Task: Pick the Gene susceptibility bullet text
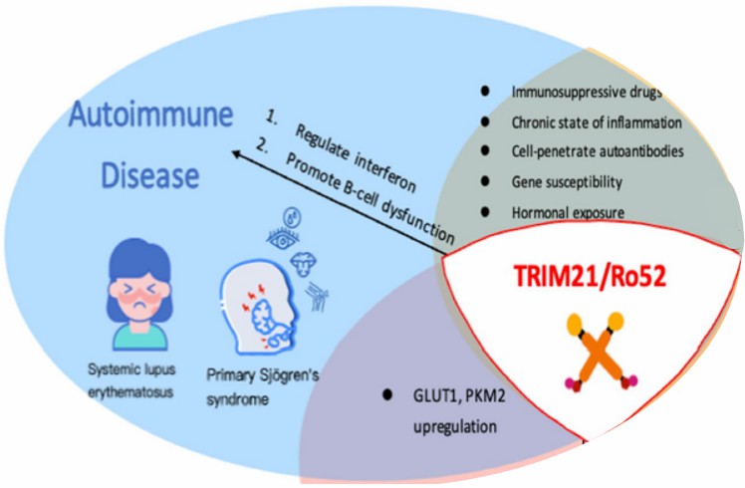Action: point(568,183)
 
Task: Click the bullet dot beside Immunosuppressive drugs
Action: point(485,91)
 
